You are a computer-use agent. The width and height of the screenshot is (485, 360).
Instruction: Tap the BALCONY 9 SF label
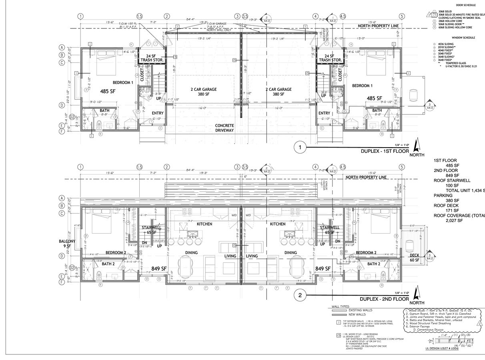click(x=67, y=244)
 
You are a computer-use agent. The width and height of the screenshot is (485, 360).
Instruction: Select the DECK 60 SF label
click(x=414, y=258)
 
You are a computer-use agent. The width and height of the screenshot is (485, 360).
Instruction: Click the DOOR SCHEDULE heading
click(x=463, y=5)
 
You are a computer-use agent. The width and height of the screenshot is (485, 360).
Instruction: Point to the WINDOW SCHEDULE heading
click(x=463, y=38)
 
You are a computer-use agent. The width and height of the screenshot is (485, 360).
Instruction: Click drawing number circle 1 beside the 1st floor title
click(x=300, y=148)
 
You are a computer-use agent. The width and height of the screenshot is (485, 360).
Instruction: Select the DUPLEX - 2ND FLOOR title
click(x=384, y=299)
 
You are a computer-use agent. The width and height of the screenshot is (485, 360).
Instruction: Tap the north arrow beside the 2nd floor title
click(x=417, y=296)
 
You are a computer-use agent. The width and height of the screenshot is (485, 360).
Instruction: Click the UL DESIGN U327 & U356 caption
click(x=441, y=348)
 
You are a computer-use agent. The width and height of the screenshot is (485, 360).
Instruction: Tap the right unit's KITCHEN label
click(x=278, y=224)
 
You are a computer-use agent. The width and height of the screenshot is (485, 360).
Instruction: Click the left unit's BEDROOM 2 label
click(x=116, y=253)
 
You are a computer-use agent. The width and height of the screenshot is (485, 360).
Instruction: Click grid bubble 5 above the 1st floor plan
click(x=401, y=16)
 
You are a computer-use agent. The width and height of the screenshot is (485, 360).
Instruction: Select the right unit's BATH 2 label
click(x=373, y=264)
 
